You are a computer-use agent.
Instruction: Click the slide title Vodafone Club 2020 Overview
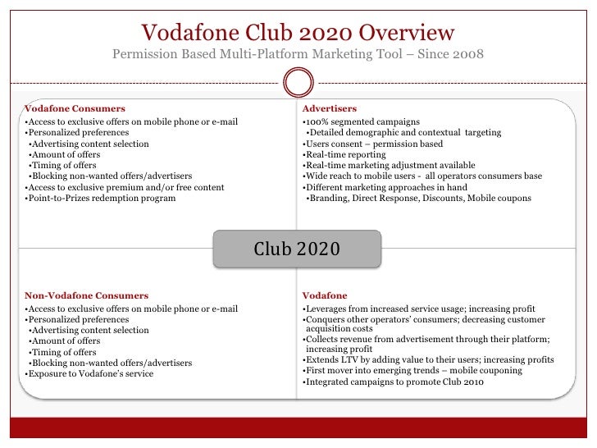point(298,33)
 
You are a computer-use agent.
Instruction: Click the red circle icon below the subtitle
point(298,82)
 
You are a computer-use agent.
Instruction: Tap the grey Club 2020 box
point(297,249)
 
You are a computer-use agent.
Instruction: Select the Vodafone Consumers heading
point(75,108)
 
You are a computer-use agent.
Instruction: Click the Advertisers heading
point(329,108)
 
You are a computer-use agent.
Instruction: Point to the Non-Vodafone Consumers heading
point(86,295)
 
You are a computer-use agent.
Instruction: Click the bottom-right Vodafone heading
point(324,295)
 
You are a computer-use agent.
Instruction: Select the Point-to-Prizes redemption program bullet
point(100,198)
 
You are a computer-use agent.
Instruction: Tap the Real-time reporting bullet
point(344,154)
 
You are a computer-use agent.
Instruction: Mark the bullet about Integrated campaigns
point(393,382)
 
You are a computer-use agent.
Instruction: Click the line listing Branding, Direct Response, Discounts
point(418,198)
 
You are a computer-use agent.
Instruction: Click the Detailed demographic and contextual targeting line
point(403,133)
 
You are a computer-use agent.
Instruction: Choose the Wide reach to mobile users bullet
point(422,176)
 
